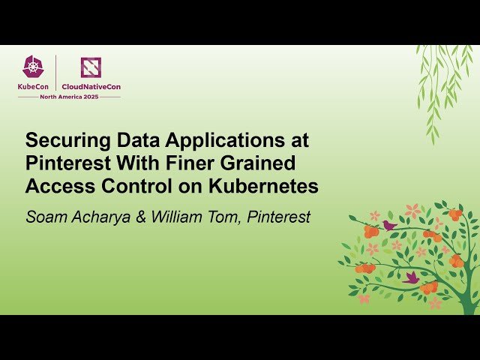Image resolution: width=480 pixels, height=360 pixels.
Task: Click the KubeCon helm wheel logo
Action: [x=32, y=67]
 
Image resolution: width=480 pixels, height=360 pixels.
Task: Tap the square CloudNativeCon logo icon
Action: [x=91, y=67]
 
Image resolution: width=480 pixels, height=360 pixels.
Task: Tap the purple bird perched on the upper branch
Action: [x=389, y=225]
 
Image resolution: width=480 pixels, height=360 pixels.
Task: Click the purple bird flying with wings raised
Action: [x=411, y=277]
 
